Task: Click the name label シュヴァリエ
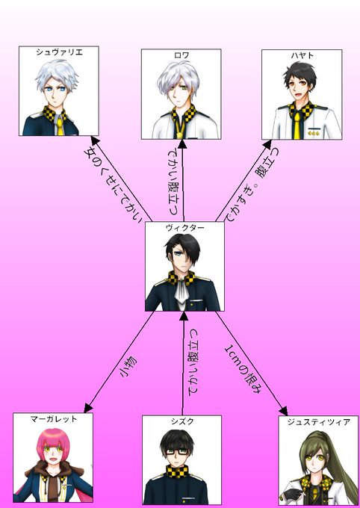(x=59, y=52)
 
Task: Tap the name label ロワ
(x=181, y=55)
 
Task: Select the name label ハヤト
(x=302, y=55)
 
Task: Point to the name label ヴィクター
(x=184, y=227)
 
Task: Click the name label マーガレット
(x=54, y=418)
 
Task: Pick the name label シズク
(x=182, y=421)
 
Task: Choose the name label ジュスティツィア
(x=318, y=422)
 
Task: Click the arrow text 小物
(x=128, y=368)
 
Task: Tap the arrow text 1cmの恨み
(x=243, y=369)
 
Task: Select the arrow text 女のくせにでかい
(x=111, y=185)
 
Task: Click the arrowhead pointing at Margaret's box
(x=88, y=408)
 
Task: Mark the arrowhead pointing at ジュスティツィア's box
(x=283, y=410)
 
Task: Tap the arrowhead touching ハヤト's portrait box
(x=267, y=145)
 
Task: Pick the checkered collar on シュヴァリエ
(x=55, y=114)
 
